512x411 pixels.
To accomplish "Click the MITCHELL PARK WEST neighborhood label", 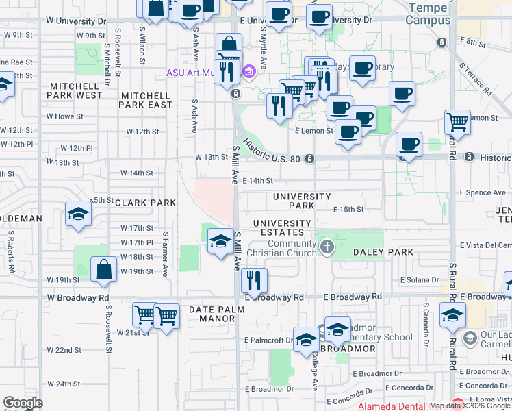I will click(x=75, y=90).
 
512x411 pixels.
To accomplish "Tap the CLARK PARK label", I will click(x=146, y=203).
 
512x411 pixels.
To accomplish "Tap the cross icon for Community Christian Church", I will click(x=327, y=247).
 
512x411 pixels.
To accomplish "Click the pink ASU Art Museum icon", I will click(x=248, y=71).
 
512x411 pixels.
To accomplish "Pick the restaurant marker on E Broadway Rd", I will click(x=254, y=280).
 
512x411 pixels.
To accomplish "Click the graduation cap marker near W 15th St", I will click(x=78, y=214).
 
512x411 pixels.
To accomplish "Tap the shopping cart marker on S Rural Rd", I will click(x=457, y=123).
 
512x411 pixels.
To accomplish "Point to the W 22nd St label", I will click(x=64, y=350).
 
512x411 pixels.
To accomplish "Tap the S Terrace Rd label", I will click(x=477, y=79).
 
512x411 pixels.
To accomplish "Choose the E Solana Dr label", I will click(x=420, y=280).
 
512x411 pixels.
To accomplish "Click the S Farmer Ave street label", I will click(x=165, y=253).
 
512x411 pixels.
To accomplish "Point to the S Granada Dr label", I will click(x=426, y=322).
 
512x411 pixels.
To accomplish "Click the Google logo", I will click(x=23, y=403).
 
